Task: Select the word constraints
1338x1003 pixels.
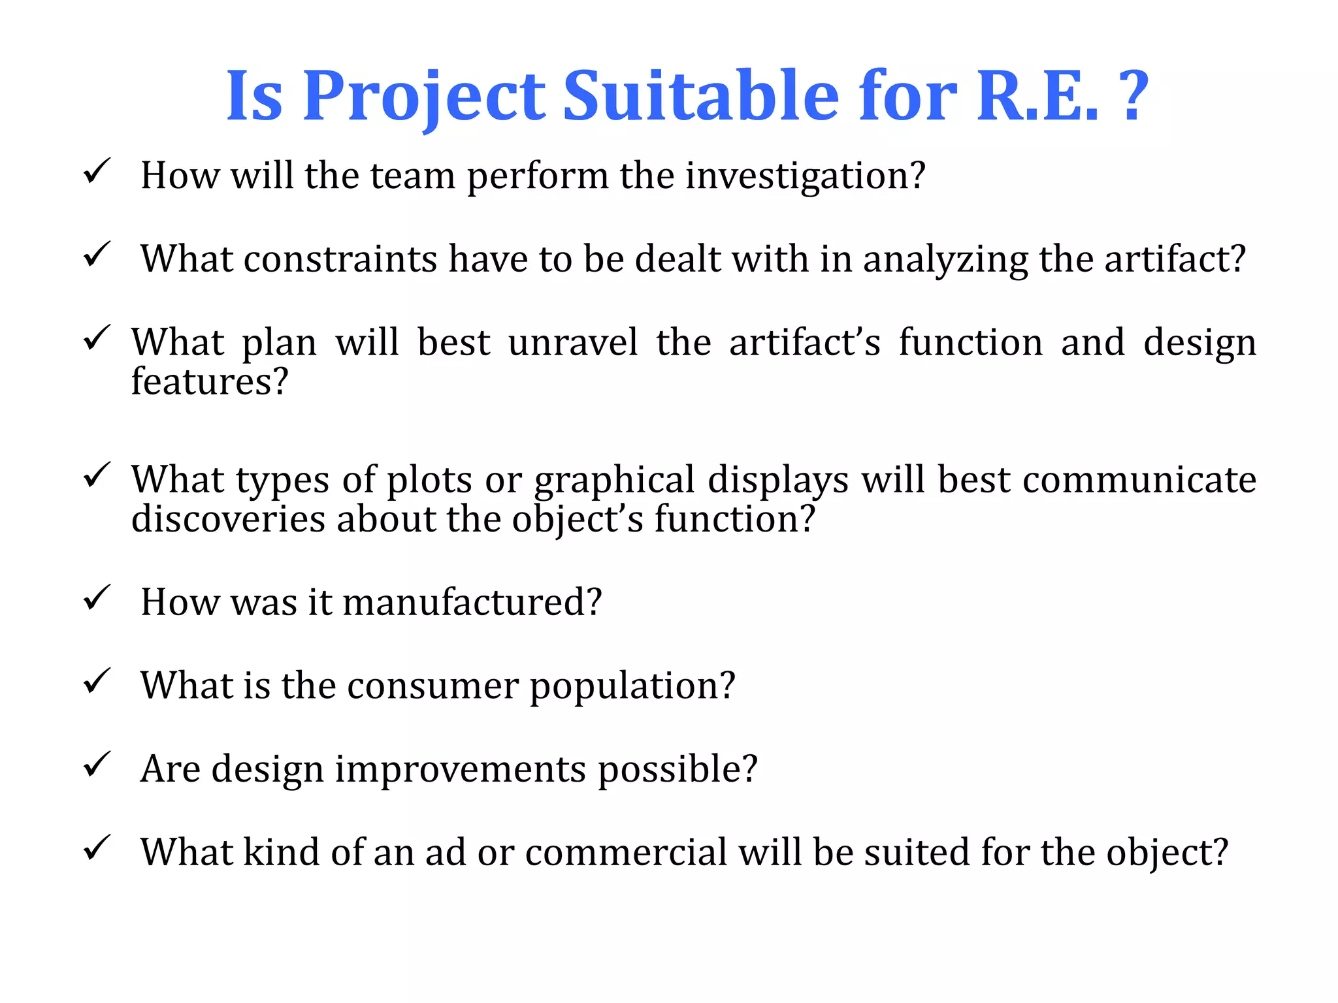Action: click(340, 259)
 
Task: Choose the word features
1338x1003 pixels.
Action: click(209, 381)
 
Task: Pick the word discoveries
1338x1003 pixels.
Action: click(228, 519)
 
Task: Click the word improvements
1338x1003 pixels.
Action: click(460, 770)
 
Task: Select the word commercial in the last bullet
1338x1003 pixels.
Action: click(626, 852)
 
